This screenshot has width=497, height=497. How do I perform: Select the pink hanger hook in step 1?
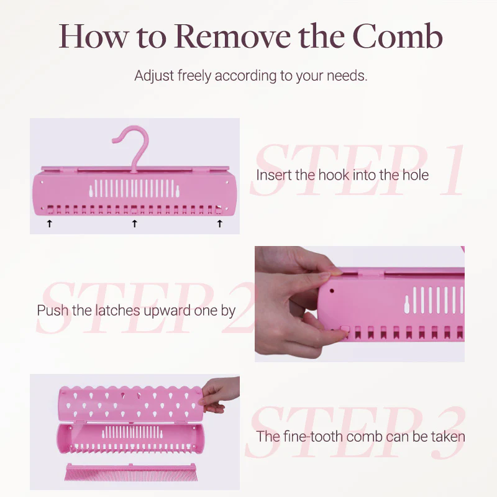(x=133, y=146)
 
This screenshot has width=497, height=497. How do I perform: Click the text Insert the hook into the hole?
(x=342, y=175)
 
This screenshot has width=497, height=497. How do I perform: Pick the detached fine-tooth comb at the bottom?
(x=130, y=472)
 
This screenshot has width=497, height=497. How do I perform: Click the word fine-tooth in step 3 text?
(x=314, y=436)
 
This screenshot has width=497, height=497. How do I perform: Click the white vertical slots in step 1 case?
(x=134, y=189)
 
